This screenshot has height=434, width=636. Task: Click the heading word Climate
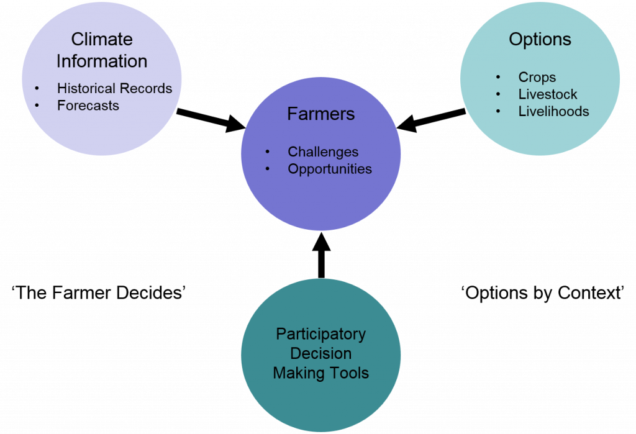click(102, 39)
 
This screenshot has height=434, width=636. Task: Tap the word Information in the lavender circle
click(102, 61)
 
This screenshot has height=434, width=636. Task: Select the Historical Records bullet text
click(114, 89)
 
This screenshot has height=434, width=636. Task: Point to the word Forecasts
click(88, 106)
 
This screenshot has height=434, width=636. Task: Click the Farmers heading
click(320, 114)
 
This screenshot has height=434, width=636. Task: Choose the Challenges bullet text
click(323, 152)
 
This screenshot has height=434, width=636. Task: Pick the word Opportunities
click(330, 169)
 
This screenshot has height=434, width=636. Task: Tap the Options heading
click(540, 39)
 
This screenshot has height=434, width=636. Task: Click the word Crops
click(537, 78)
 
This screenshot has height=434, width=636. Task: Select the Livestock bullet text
click(547, 94)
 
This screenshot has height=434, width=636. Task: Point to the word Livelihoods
click(553, 112)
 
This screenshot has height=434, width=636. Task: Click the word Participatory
click(320, 334)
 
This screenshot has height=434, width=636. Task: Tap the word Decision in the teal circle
click(320, 354)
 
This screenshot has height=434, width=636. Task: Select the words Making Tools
click(320, 374)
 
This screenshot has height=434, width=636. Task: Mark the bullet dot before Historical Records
click(37, 89)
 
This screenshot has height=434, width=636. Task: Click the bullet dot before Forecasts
click(37, 106)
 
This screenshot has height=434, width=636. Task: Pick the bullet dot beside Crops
click(498, 78)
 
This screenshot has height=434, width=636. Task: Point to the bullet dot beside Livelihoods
click(498, 112)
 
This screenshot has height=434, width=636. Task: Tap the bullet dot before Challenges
click(268, 152)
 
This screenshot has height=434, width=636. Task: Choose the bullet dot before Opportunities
click(268, 169)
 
